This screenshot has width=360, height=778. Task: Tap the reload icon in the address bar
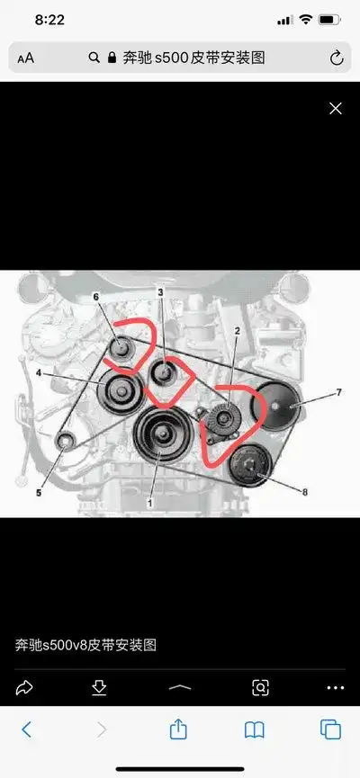point(337,58)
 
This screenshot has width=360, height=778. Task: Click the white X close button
point(336,109)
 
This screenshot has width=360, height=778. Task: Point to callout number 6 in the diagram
point(95,297)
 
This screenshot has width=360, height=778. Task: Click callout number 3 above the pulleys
point(160,292)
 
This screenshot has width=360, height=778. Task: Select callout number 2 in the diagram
point(238,330)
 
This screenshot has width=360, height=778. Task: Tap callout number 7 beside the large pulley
point(338,392)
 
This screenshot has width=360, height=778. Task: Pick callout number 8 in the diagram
point(305,492)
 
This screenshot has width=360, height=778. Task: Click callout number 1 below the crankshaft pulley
point(149,503)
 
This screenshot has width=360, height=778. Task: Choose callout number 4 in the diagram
point(39,372)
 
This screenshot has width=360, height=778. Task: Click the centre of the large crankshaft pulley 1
point(162,434)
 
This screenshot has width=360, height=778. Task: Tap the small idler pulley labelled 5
point(64,441)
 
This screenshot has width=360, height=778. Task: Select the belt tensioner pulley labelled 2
point(222,418)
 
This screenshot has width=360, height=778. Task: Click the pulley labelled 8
point(250,465)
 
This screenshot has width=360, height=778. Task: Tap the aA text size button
point(26,58)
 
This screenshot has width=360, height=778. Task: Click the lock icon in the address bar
point(112,58)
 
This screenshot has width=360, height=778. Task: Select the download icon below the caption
point(99,687)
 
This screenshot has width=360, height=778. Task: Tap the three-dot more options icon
point(336,688)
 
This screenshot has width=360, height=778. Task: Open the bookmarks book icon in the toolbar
point(255,729)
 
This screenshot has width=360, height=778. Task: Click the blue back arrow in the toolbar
point(26,729)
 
